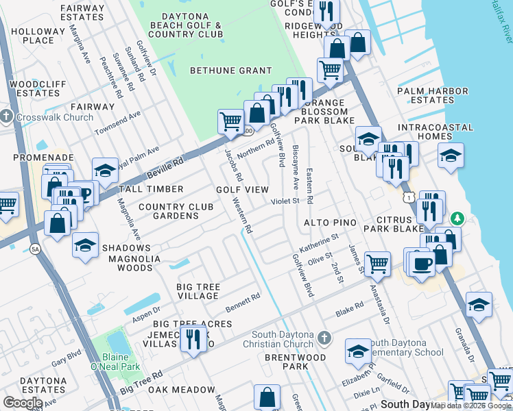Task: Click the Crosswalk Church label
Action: [x=54, y=117]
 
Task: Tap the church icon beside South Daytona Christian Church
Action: [x=326, y=337]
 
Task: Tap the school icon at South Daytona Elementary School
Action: [x=357, y=351]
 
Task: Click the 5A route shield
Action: [x=35, y=249]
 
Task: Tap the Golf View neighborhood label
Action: [x=242, y=189]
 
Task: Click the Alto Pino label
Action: [x=330, y=223]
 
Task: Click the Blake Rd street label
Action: [x=348, y=312]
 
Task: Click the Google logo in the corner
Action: [x=23, y=403]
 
